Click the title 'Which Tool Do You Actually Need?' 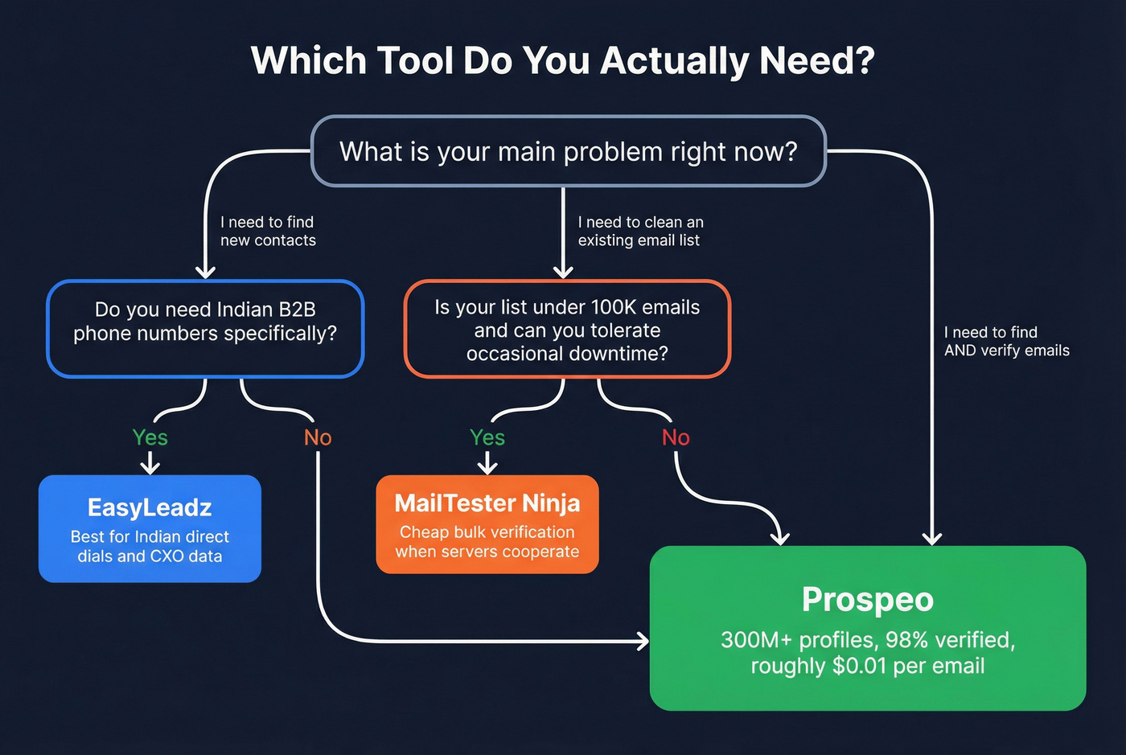pos(562,61)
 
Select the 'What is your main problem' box pos(568,151)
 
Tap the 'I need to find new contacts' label pos(268,231)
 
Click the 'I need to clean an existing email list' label pos(640,231)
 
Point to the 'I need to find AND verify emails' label pos(1006,341)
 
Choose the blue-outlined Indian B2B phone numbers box pos(205,329)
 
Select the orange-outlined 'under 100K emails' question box pos(567,329)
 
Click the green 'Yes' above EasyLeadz pos(150,437)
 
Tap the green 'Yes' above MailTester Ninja pos(487,437)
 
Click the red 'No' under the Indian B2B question pos(318,437)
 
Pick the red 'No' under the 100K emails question pos(676,437)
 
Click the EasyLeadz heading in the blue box pos(150,507)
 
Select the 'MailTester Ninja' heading pos(487,503)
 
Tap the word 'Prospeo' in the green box pos(867,600)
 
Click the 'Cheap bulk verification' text pos(487,532)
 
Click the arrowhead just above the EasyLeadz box pos(150,467)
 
